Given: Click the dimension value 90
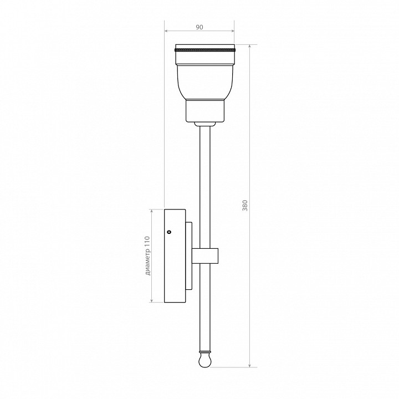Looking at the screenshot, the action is pyautogui.click(x=199, y=27).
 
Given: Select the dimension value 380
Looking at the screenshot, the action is pyautogui.click(x=245, y=206).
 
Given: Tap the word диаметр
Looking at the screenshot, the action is pyautogui.click(x=147, y=262).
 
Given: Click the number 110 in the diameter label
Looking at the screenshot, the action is pyautogui.click(x=147, y=241).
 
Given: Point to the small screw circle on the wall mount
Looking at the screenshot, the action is pyautogui.click(x=168, y=232).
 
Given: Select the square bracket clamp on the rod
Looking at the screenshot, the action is pyautogui.click(x=205, y=256).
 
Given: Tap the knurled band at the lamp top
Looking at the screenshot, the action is pyautogui.click(x=205, y=49).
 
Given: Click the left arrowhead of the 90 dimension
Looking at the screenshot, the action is pyautogui.click(x=166, y=31).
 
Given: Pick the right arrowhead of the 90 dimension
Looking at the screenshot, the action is pyautogui.click(x=232, y=31).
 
